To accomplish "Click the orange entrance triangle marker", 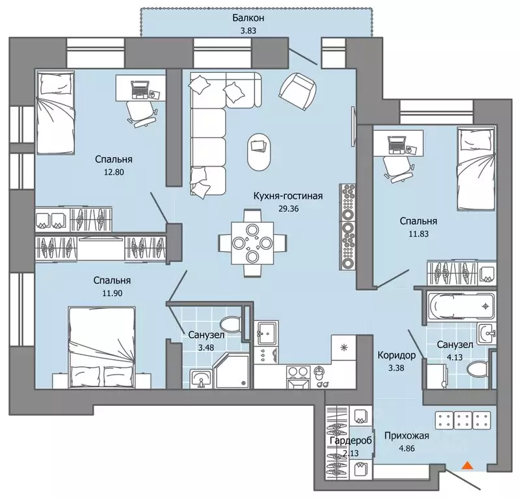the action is (468, 465).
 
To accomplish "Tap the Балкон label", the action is (248, 18).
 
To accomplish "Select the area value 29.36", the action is (288, 209).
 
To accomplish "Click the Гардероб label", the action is (351, 440).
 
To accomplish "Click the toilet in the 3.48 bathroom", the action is (230, 323).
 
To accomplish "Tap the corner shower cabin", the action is (232, 371).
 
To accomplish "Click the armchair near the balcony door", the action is (298, 91).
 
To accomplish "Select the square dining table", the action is (252, 243).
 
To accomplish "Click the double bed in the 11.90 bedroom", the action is (101, 347).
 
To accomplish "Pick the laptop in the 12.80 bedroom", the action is (140, 89).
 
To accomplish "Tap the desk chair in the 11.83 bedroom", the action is (398, 169).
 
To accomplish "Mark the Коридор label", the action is (396, 355).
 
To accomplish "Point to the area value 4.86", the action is (407, 448).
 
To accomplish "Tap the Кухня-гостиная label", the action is (288, 196).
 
